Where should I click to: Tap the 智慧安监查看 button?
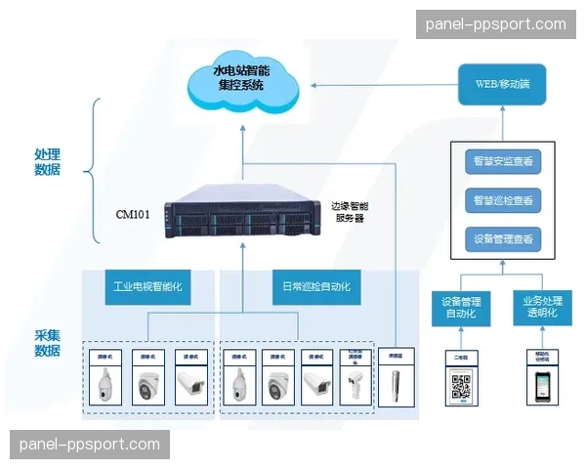tap(502, 161)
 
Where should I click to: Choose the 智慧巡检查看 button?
tap(502, 200)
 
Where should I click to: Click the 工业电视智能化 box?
tap(146, 288)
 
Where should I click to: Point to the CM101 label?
tap(133, 214)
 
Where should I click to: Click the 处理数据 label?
tap(47, 162)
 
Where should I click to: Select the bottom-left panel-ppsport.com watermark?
tap(89, 445)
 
